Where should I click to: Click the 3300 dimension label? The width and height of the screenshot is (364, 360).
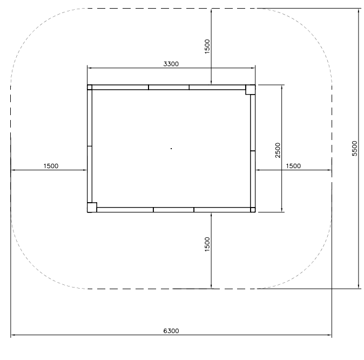171,64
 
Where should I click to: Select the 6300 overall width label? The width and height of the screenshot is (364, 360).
171,331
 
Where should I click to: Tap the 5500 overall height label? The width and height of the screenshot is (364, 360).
354,149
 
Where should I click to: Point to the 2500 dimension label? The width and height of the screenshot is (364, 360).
278,150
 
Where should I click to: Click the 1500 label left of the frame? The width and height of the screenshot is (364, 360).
51,166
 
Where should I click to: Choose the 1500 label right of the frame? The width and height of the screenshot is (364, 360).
293,166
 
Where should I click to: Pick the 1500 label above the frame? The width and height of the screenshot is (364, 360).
207,46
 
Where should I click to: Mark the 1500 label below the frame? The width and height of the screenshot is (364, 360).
207,244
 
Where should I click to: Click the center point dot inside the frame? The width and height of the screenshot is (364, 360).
171,149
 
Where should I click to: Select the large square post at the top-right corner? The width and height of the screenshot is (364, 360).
251,90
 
